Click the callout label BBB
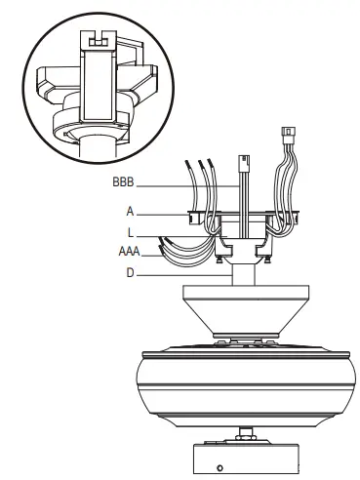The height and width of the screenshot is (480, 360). pos(123,181)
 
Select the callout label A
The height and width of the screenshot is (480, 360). pos(130,212)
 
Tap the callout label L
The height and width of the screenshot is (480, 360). pos(130,233)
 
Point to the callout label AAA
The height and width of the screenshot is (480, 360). pos(129,252)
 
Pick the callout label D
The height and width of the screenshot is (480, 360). pos(130,273)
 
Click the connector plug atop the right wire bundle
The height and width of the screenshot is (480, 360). pos(289,133)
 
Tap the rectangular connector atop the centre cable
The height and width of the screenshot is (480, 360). pos(244,162)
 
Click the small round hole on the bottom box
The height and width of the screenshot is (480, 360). pos(220,468)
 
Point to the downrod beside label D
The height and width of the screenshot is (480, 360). pos(243,275)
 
